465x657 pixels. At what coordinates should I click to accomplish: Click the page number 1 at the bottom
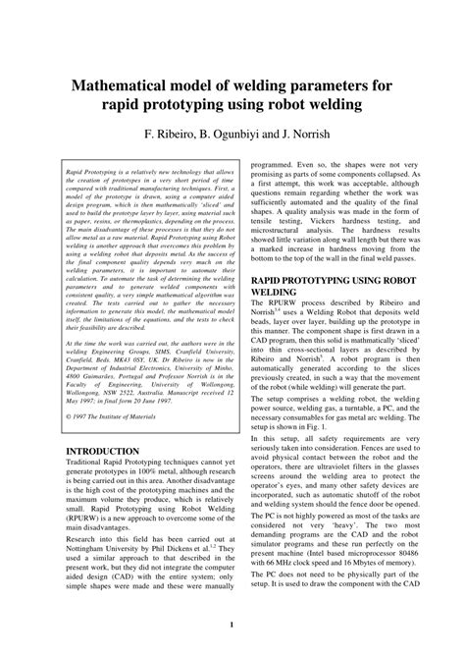231,625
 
